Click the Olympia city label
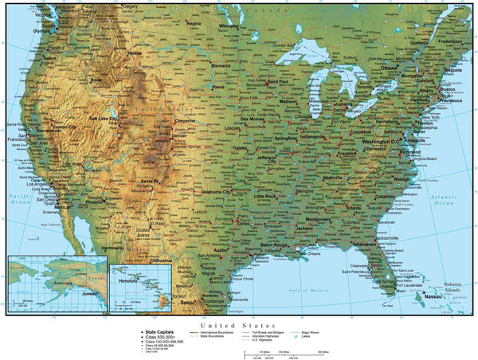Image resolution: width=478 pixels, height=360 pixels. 40,31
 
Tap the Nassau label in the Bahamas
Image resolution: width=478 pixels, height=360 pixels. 434,295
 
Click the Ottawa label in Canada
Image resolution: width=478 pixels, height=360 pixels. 388,68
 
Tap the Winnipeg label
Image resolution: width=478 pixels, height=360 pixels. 229,25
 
